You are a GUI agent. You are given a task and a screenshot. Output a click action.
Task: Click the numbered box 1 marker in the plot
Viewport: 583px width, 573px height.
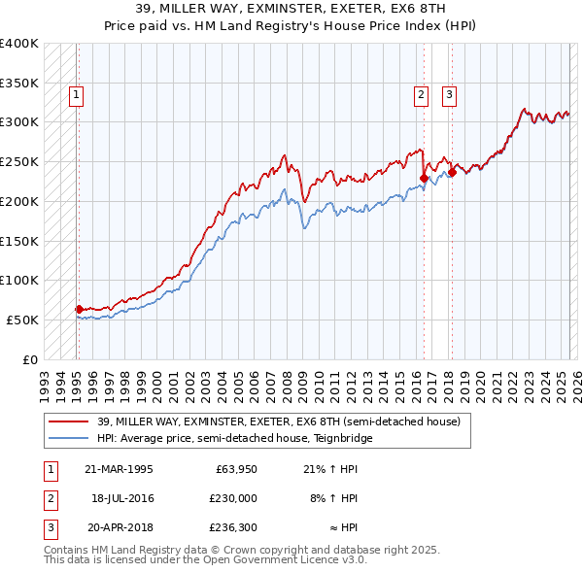(77, 95)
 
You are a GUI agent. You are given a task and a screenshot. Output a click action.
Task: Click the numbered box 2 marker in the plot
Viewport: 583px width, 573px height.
(422, 95)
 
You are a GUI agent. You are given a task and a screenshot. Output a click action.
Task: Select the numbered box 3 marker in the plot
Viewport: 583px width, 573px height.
(451, 95)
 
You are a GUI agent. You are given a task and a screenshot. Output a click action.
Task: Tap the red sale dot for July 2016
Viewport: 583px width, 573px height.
(424, 178)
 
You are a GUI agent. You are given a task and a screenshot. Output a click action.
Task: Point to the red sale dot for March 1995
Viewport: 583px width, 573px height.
(80, 309)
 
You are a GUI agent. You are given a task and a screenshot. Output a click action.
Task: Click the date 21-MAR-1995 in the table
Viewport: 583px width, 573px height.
(120, 469)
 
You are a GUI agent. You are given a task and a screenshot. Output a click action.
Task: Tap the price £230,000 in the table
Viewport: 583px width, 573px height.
(234, 498)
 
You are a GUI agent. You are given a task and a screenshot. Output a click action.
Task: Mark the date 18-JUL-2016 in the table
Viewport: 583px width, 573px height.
(122, 498)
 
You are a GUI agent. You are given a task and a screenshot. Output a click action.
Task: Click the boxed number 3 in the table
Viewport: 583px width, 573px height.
(50, 528)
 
